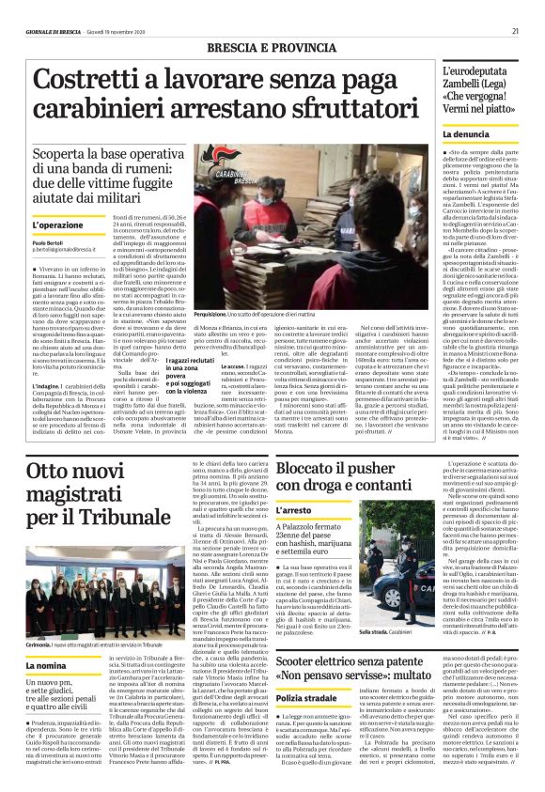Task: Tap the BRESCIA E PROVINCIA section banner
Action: (271, 48)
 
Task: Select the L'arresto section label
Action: (294, 511)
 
